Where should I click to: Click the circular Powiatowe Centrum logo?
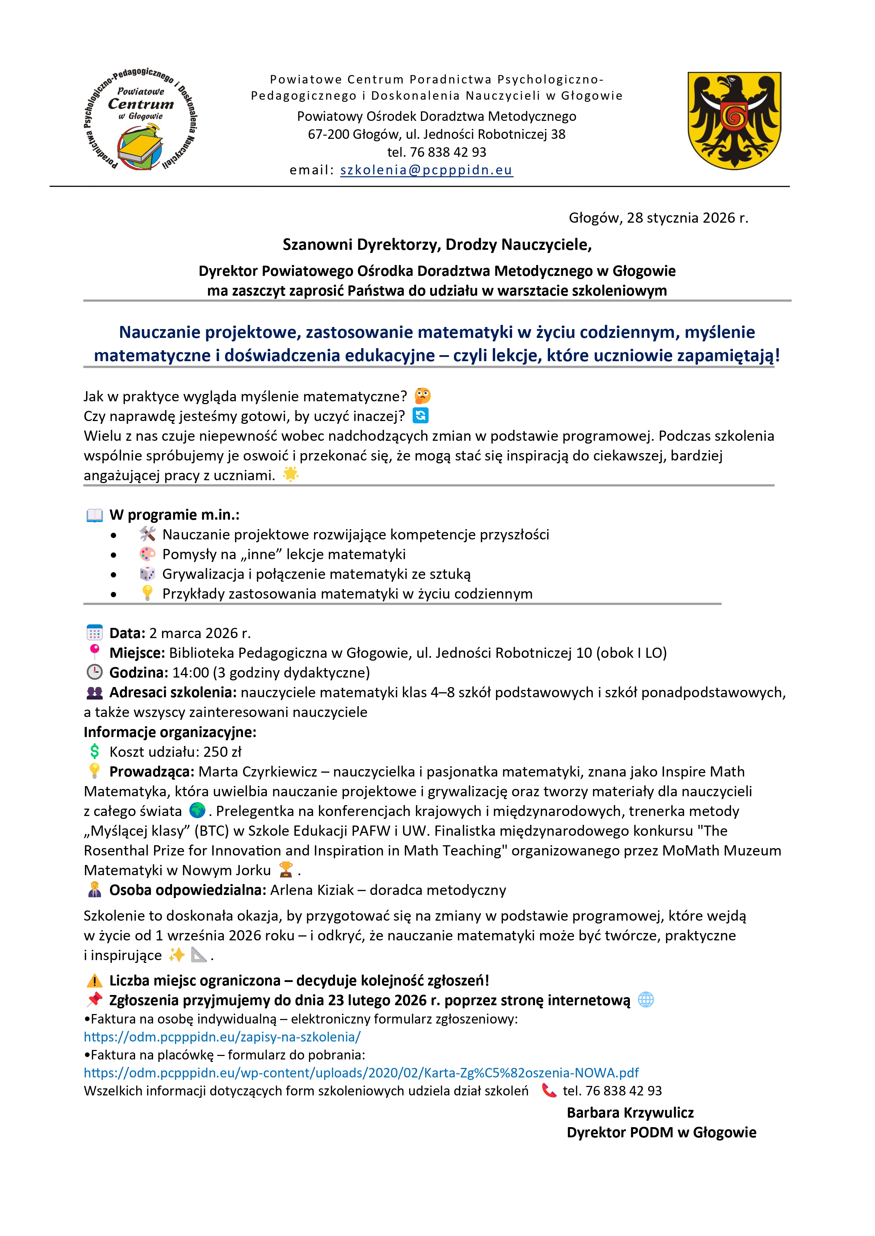pos(141,119)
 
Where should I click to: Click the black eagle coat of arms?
pos(734,120)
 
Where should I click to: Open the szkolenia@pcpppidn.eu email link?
pos(426,170)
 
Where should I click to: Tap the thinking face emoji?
pos(423,396)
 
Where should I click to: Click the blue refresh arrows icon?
pos(420,416)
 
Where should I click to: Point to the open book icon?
pos(95,515)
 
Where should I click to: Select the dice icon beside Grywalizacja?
pos(147,574)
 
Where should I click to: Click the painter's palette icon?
pos(147,554)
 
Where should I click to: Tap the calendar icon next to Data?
pos(94,632)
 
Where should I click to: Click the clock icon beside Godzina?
pos(94,672)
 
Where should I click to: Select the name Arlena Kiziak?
pos(312,890)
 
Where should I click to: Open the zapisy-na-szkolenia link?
pos(222,1037)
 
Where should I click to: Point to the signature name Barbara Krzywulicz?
pos(630,1113)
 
